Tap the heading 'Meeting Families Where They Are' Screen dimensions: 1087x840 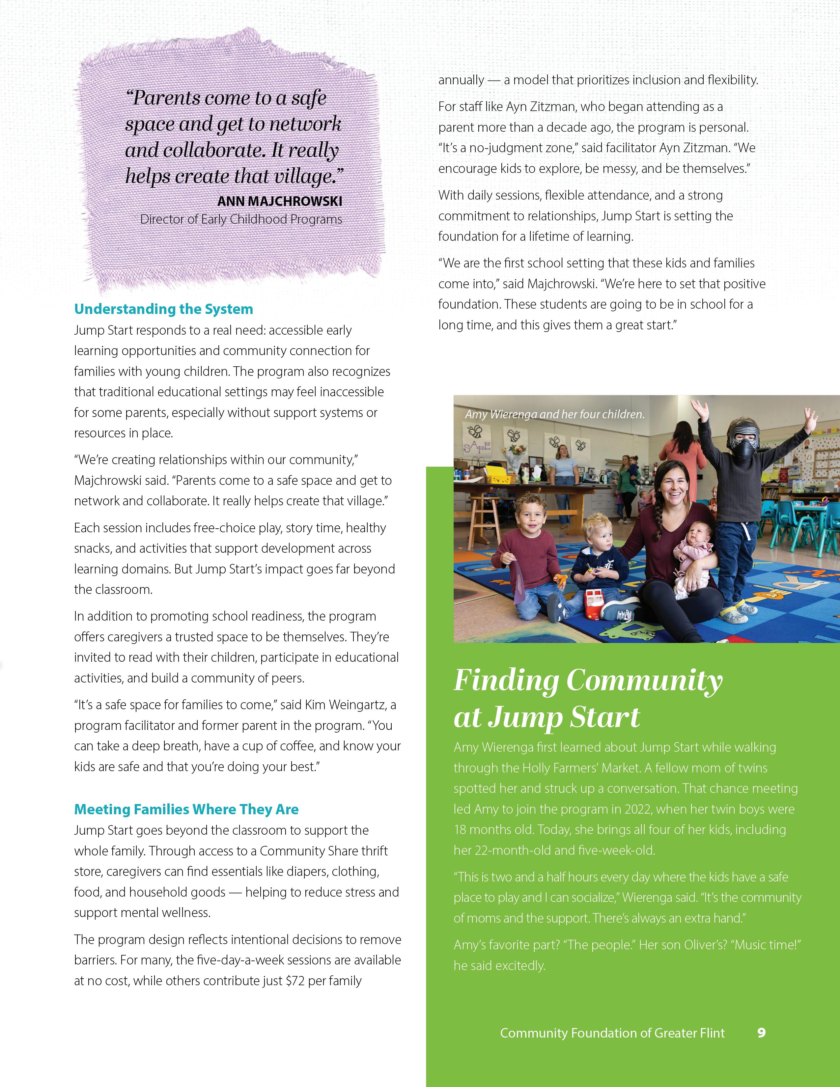point(186,809)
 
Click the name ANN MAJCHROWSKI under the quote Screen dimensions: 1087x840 point(280,201)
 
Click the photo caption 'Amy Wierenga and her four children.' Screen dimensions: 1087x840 point(554,414)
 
